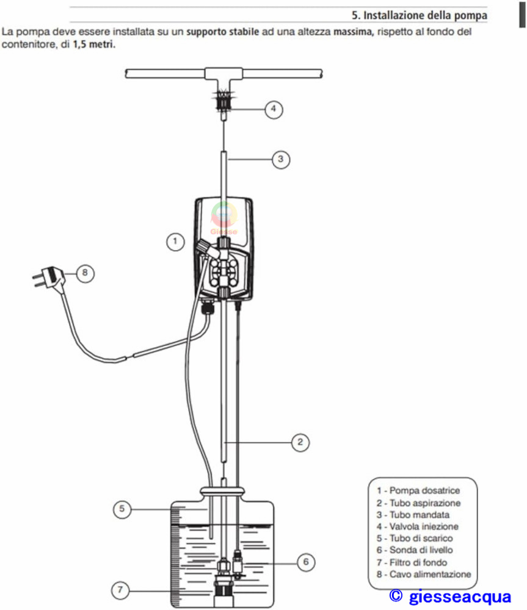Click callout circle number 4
[x=274, y=109]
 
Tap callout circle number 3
[x=280, y=159]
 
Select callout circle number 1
[x=175, y=242]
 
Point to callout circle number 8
[x=85, y=273]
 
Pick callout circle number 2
[x=300, y=442]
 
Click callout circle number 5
[x=122, y=509]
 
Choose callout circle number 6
[x=306, y=562]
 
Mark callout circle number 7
[x=120, y=590]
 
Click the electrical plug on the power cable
[x=48, y=276]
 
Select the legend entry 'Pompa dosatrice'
[x=418, y=490]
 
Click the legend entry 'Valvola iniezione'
[x=418, y=526]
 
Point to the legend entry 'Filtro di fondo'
[x=412, y=562]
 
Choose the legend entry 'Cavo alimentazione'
[x=424, y=574]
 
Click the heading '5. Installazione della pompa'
[x=419, y=15]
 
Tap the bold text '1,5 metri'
[x=94, y=45]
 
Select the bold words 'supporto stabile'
[x=222, y=32]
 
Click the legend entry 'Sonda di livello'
[x=415, y=550]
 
